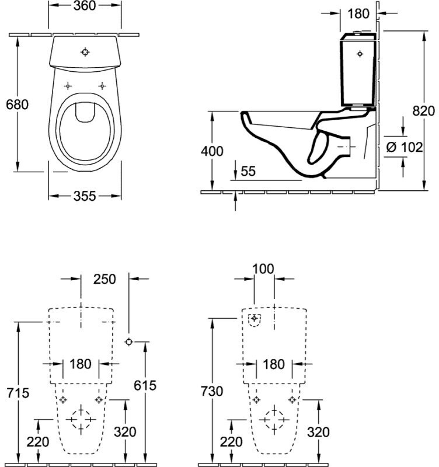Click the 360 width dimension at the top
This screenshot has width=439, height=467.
[x=85, y=6]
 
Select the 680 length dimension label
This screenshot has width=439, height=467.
[x=18, y=104]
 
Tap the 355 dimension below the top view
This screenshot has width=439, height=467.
[x=85, y=196]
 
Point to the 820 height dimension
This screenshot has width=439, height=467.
[x=423, y=111]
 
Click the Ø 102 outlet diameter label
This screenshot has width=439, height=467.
[x=405, y=147]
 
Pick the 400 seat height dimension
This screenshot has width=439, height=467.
[x=212, y=151]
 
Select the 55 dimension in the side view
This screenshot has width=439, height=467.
[x=248, y=171]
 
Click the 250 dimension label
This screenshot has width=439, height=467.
[x=104, y=279]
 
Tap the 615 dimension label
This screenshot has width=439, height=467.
[x=145, y=385]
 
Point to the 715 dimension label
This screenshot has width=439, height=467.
[x=18, y=393]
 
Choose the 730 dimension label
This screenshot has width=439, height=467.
[x=212, y=391]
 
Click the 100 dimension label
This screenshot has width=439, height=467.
[x=263, y=269]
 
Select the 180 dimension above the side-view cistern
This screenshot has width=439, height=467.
[x=358, y=13]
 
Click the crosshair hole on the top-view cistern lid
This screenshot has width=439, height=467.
[x=85, y=52]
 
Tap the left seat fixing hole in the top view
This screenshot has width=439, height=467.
[x=68, y=86]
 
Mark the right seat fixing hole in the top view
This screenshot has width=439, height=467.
[x=102, y=86]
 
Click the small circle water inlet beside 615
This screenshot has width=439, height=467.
[x=128, y=342]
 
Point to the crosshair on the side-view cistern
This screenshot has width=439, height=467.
[x=360, y=54]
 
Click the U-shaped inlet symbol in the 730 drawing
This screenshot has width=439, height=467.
[x=255, y=320]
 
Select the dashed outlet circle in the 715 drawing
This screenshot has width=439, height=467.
[x=81, y=419]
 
